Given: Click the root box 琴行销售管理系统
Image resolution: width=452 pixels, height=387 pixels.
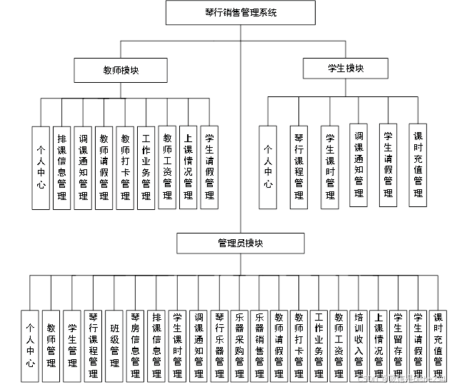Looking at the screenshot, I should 241,13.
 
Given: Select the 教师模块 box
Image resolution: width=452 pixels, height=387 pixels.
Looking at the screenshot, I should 121,70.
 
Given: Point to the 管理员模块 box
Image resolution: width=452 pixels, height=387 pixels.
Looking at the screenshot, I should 241,243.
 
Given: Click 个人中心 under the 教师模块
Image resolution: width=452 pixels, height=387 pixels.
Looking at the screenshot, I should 41,167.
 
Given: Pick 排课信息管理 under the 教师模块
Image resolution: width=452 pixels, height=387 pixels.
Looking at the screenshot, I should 62,167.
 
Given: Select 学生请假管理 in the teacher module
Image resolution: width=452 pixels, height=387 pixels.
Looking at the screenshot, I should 209,167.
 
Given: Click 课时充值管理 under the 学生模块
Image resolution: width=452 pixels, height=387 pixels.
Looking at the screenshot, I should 418,164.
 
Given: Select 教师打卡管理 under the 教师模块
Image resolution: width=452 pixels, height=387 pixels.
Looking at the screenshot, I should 126,167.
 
